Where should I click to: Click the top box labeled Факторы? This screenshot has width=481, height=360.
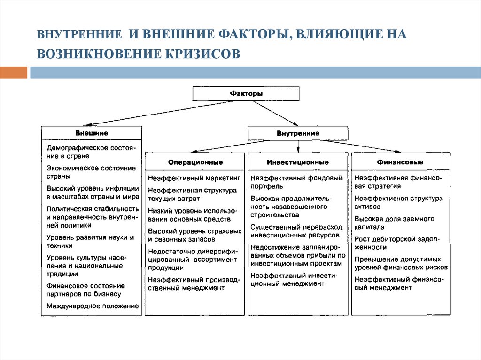point(246,94)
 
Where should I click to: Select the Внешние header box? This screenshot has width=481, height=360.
point(91,133)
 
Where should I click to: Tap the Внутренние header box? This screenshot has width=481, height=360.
point(298,133)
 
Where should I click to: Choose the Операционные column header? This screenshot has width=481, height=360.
point(195,162)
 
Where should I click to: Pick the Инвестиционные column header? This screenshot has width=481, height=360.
point(298,162)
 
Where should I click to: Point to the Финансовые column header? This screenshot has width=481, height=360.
point(400,162)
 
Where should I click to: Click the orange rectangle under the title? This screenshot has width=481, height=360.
point(14,73)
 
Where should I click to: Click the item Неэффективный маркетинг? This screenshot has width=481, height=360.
point(194,178)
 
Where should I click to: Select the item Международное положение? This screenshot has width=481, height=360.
point(93,306)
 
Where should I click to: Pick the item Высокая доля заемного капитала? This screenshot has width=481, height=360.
point(394,223)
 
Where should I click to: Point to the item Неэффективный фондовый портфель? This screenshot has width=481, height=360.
point(296,182)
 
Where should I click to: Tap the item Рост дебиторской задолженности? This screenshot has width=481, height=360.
point(396,243)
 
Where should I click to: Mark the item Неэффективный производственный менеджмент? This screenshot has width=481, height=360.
point(194,283)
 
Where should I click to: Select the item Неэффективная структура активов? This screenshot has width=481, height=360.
point(398,202)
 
